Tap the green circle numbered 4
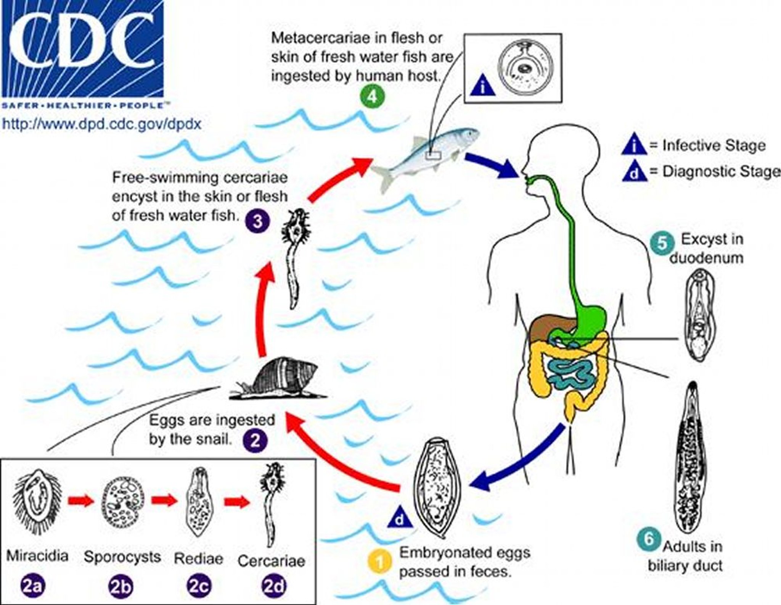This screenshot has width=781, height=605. [x=372, y=97]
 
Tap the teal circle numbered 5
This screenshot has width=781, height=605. [x=662, y=242]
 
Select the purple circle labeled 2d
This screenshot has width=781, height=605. [x=273, y=586]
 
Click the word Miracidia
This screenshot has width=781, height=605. [x=37, y=556]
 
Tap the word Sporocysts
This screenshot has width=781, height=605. [x=122, y=557]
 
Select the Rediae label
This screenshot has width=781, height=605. [x=198, y=558]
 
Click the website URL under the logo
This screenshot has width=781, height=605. [x=102, y=124]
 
